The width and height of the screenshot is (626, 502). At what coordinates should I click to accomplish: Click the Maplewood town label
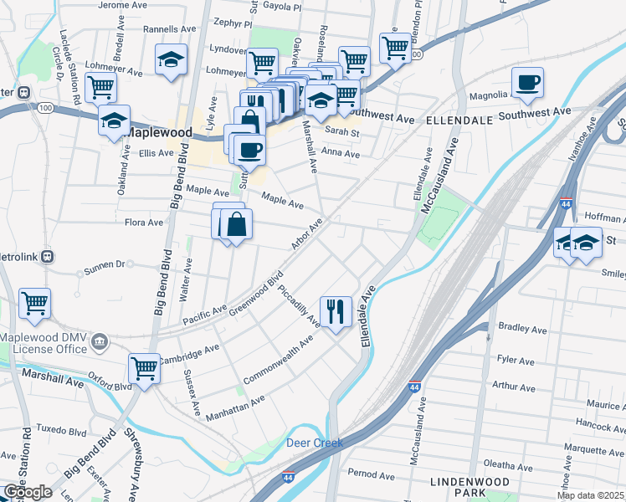tap(159, 132)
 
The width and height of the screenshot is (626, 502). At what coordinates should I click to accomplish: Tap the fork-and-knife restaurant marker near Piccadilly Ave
tap(336, 311)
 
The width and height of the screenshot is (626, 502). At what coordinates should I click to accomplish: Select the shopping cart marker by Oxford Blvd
tap(144, 367)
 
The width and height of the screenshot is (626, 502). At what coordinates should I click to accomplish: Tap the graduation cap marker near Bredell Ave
tap(171, 59)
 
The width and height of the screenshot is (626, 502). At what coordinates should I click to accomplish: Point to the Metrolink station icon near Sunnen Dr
tap(48, 256)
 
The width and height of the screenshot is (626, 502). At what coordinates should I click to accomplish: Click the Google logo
tap(27, 492)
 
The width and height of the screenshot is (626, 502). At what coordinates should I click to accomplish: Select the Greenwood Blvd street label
tap(257, 291)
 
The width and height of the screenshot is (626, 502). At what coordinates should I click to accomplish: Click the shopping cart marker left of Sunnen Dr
tap(34, 303)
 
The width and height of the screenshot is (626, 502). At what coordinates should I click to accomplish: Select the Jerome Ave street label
tap(122, 5)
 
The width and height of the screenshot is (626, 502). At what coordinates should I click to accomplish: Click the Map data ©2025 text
tap(590, 495)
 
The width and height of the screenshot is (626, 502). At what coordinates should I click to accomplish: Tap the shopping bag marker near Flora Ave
tap(237, 223)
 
